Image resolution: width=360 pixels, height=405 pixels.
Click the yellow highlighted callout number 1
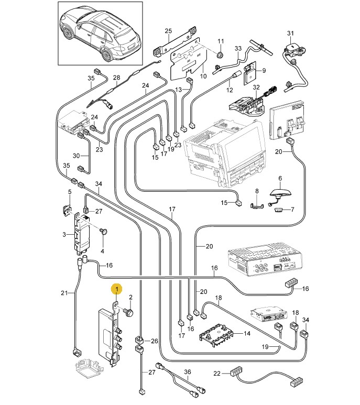(x=117, y=288)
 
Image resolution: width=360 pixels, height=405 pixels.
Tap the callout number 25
(x=168, y=31)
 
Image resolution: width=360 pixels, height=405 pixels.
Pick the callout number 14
(x=247, y=334)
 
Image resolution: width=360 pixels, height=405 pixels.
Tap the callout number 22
(x=217, y=374)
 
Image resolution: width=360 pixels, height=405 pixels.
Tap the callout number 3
(x=64, y=234)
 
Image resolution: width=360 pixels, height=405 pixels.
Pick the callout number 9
(x=264, y=71)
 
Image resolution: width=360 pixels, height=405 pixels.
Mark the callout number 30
(x=76, y=156)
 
